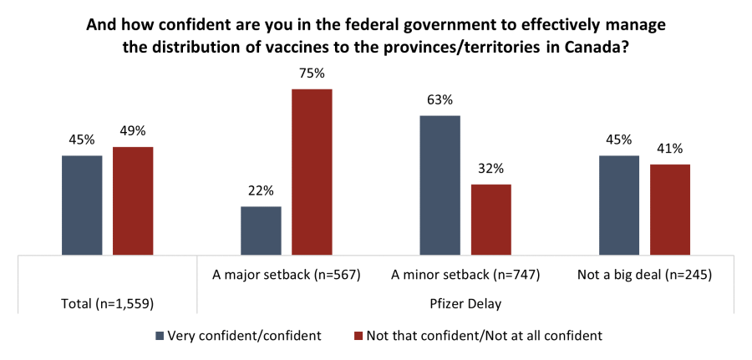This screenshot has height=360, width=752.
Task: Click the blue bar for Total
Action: coord(82,205)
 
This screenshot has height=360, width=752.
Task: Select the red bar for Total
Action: coord(133,200)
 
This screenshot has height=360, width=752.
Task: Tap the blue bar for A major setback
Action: coord(261,230)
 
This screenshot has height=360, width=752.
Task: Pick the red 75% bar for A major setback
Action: coord(312,171)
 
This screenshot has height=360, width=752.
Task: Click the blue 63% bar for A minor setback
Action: coord(440,185)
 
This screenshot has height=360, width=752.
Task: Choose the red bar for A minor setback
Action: coord(490,219)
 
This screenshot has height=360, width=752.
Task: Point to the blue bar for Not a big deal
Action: coord(619,205)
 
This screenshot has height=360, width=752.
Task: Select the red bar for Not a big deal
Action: coord(670,209)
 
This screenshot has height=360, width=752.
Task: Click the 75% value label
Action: coord(312,74)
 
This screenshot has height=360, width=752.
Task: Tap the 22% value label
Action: coord(261,190)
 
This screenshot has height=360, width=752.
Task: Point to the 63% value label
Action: coord(440,100)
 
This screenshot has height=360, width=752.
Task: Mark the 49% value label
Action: coord(133,131)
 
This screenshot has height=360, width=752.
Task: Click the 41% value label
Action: coord(670,149)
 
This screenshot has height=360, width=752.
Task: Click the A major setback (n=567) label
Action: coord(287,274)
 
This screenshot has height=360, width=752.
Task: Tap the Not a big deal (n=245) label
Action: coord(644,274)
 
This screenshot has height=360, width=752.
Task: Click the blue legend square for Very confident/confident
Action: coord(160,336)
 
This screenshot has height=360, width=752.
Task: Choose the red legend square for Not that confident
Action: coord(358,336)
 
